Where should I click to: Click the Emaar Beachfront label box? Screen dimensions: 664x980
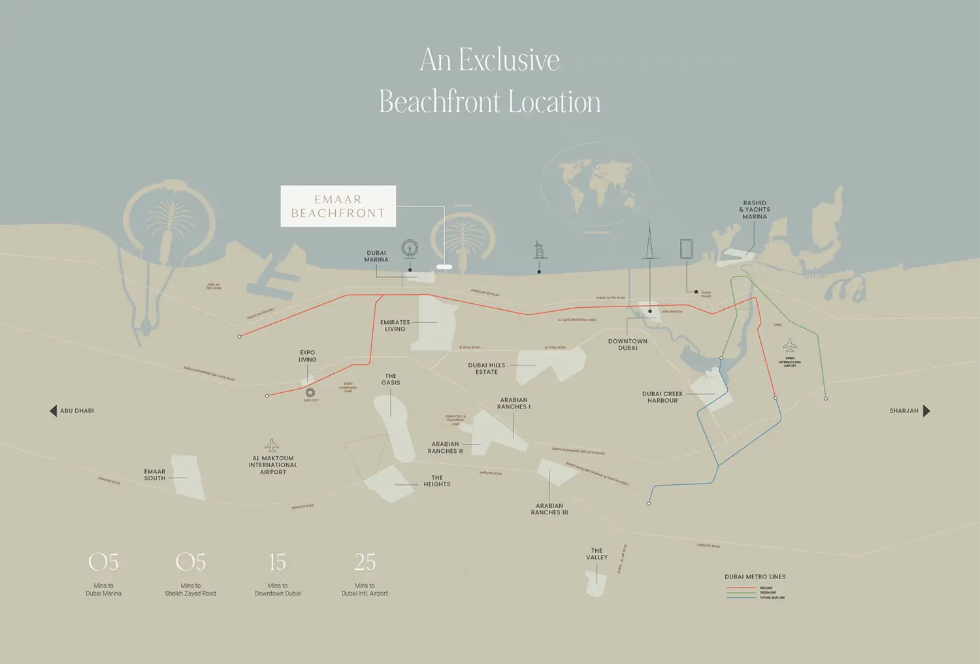point(338,207)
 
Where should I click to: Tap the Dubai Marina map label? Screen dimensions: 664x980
point(376,256)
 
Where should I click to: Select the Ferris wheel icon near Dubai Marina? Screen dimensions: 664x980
point(410,249)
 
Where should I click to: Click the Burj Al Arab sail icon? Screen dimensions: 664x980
point(540,250)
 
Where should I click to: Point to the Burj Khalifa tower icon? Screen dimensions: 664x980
point(649,242)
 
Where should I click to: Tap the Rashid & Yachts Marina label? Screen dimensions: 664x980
point(755,210)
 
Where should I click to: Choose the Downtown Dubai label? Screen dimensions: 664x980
point(628,344)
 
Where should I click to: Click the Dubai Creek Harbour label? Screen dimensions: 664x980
point(662,397)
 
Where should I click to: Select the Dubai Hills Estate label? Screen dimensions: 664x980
point(487,369)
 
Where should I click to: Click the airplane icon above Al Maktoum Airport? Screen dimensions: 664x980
point(272,445)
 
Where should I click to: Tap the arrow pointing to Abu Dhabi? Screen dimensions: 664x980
point(53,411)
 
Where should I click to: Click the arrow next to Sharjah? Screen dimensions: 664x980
point(926,411)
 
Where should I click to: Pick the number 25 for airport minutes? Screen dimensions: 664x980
point(365,562)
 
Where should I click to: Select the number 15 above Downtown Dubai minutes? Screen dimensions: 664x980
point(278,562)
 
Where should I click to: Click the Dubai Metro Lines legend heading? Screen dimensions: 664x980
point(755,577)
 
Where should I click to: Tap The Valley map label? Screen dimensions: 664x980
point(596,554)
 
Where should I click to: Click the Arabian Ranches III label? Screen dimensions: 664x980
point(549,509)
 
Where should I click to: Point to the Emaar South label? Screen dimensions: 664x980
point(155,475)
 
